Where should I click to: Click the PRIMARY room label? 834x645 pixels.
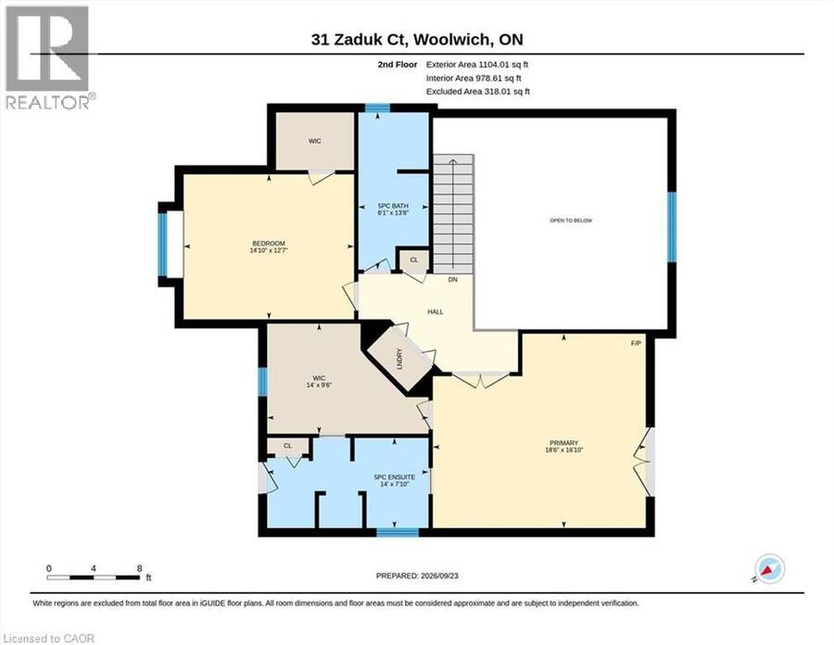pyautogui.click(x=563, y=443)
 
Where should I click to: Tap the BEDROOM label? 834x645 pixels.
pyautogui.click(x=269, y=244)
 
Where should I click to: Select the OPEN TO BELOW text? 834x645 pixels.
pyautogui.click(x=571, y=221)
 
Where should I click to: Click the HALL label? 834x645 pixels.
pyautogui.click(x=436, y=312)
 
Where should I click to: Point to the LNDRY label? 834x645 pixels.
pyautogui.click(x=400, y=359)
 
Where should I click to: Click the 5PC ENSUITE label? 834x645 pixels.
pyautogui.click(x=394, y=477)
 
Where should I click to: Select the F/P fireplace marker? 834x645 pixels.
pyautogui.click(x=636, y=343)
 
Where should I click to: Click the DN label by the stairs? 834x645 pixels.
pyautogui.click(x=452, y=279)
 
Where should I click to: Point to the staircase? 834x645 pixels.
pyautogui.click(x=452, y=214)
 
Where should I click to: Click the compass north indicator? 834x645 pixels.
pyautogui.click(x=770, y=569)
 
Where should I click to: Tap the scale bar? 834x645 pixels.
pyautogui.click(x=93, y=577)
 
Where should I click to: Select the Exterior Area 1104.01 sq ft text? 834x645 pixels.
pyautogui.click(x=477, y=64)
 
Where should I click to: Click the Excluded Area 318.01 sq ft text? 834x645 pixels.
pyautogui.click(x=478, y=92)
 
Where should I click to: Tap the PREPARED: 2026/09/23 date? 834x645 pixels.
pyautogui.click(x=417, y=575)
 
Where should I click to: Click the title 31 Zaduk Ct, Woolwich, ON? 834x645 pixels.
pyautogui.click(x=418, y=39)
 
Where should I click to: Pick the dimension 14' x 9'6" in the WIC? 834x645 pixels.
pyautogui.click(x=319, y=385)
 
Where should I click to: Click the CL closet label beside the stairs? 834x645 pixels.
pyautogui.click(x=414, y=260)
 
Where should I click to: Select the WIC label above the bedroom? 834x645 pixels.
pyautogui.click(x=314, y=141)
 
